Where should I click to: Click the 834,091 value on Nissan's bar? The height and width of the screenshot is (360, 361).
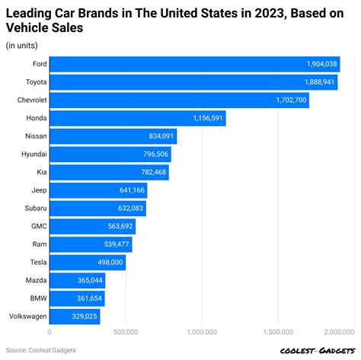(x=161, y=136)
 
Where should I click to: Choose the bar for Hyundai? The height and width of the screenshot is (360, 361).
(x=110, y=155)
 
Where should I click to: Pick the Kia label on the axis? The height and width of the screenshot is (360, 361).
(x=38, y=172)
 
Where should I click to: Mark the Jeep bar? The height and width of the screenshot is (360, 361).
(x=97, y=190)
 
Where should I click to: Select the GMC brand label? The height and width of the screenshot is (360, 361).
(x=36, y=226)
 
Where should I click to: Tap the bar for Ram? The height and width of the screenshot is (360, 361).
(x=91, y=244)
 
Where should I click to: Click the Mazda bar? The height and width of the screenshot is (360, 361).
(x=77, y=280)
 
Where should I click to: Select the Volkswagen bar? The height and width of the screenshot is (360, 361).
(x=75, y=316)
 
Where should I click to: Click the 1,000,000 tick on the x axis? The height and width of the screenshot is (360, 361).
(x=201, y=332)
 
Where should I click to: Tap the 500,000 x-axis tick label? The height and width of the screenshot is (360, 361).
(x=126, y=332)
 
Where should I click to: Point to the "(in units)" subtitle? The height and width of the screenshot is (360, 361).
(x=24, y=46)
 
